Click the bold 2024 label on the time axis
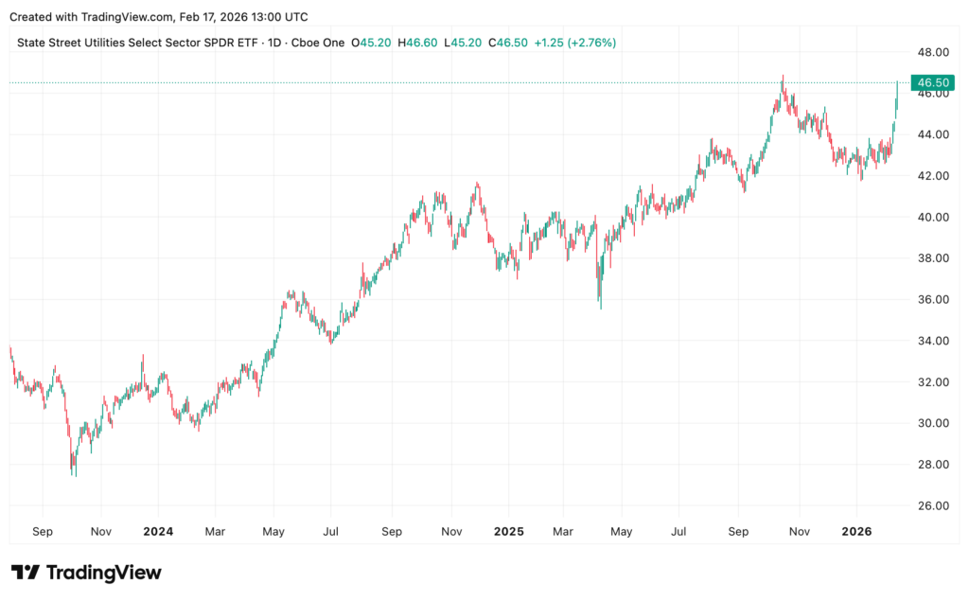pos(158,532)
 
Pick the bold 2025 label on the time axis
pos(508,532)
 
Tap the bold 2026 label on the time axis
pos(856,532)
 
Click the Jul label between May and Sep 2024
pos(332,532)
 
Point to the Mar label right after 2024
pos(216,532)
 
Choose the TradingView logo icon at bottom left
pos(26,573)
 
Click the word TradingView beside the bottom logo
pos(103,573)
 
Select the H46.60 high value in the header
pos(417,43)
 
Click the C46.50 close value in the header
pos(507,43)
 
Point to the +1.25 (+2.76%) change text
pos(575,43)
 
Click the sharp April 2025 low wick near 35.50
pos(600,308)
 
